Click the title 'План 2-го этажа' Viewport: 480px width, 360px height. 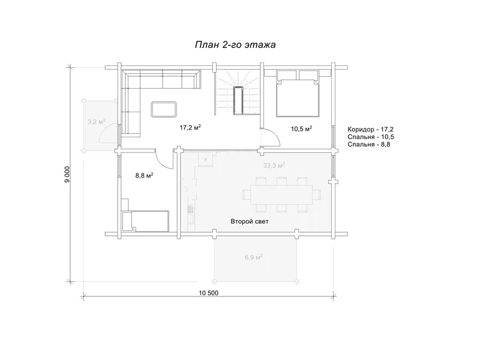235,44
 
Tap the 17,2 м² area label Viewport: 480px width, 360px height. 190,127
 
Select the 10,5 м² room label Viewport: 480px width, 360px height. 302,128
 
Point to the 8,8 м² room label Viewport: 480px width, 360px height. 144,175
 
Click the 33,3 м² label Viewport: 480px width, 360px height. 274,166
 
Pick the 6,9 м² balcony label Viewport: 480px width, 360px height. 254,257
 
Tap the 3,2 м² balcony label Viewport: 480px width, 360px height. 97,122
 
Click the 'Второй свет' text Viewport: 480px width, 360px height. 250,221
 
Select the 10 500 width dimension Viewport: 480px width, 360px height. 209,293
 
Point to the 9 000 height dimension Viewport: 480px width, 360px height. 68,174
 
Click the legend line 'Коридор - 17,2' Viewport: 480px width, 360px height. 370,129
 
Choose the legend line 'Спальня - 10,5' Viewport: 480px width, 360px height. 370,137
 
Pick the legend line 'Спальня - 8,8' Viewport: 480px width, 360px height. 369,145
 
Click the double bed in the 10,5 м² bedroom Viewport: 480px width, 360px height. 298,94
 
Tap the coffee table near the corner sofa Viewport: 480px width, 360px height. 164,109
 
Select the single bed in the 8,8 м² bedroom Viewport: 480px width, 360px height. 145,221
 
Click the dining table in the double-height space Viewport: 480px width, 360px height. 281,194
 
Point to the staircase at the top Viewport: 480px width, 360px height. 238,92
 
